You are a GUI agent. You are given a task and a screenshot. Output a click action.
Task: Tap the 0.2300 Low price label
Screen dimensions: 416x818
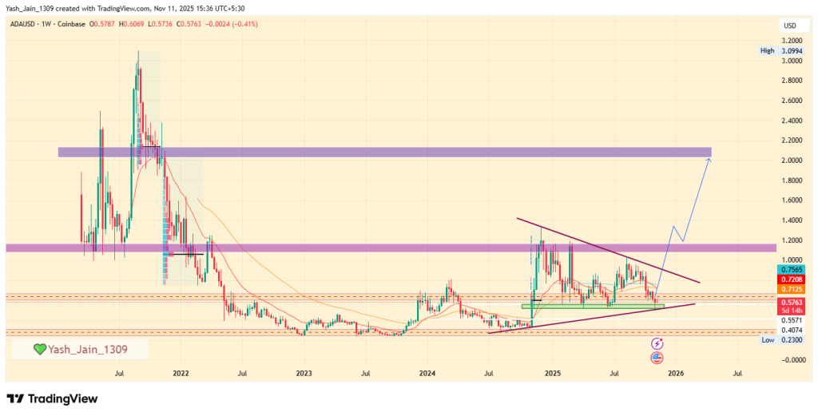tap(790, 340)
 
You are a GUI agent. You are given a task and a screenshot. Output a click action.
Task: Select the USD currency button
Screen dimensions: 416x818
tap(789, 26)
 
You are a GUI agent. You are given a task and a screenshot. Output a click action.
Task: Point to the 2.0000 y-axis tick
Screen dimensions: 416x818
tap(792, 160)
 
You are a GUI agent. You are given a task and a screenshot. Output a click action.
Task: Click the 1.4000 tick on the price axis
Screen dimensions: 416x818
tap(792, 220)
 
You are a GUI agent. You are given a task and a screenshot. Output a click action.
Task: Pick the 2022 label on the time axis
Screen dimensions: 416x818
tap(181, 372)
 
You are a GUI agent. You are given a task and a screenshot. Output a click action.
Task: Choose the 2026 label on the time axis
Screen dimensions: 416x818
tap(675, 372)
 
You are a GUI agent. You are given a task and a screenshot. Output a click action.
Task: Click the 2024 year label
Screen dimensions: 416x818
tap(427, 372)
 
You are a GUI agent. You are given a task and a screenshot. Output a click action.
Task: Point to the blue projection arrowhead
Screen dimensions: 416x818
tap(708, 160)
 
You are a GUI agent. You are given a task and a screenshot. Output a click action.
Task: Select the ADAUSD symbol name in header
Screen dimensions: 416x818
tap(25, 24)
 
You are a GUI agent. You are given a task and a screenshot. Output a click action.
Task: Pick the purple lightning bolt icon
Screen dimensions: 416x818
tap(657, 343)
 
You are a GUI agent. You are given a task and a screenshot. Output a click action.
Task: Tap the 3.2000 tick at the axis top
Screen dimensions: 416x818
tap(792, 40)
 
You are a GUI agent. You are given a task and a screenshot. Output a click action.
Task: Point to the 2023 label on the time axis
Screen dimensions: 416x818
tap(304, 372)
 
